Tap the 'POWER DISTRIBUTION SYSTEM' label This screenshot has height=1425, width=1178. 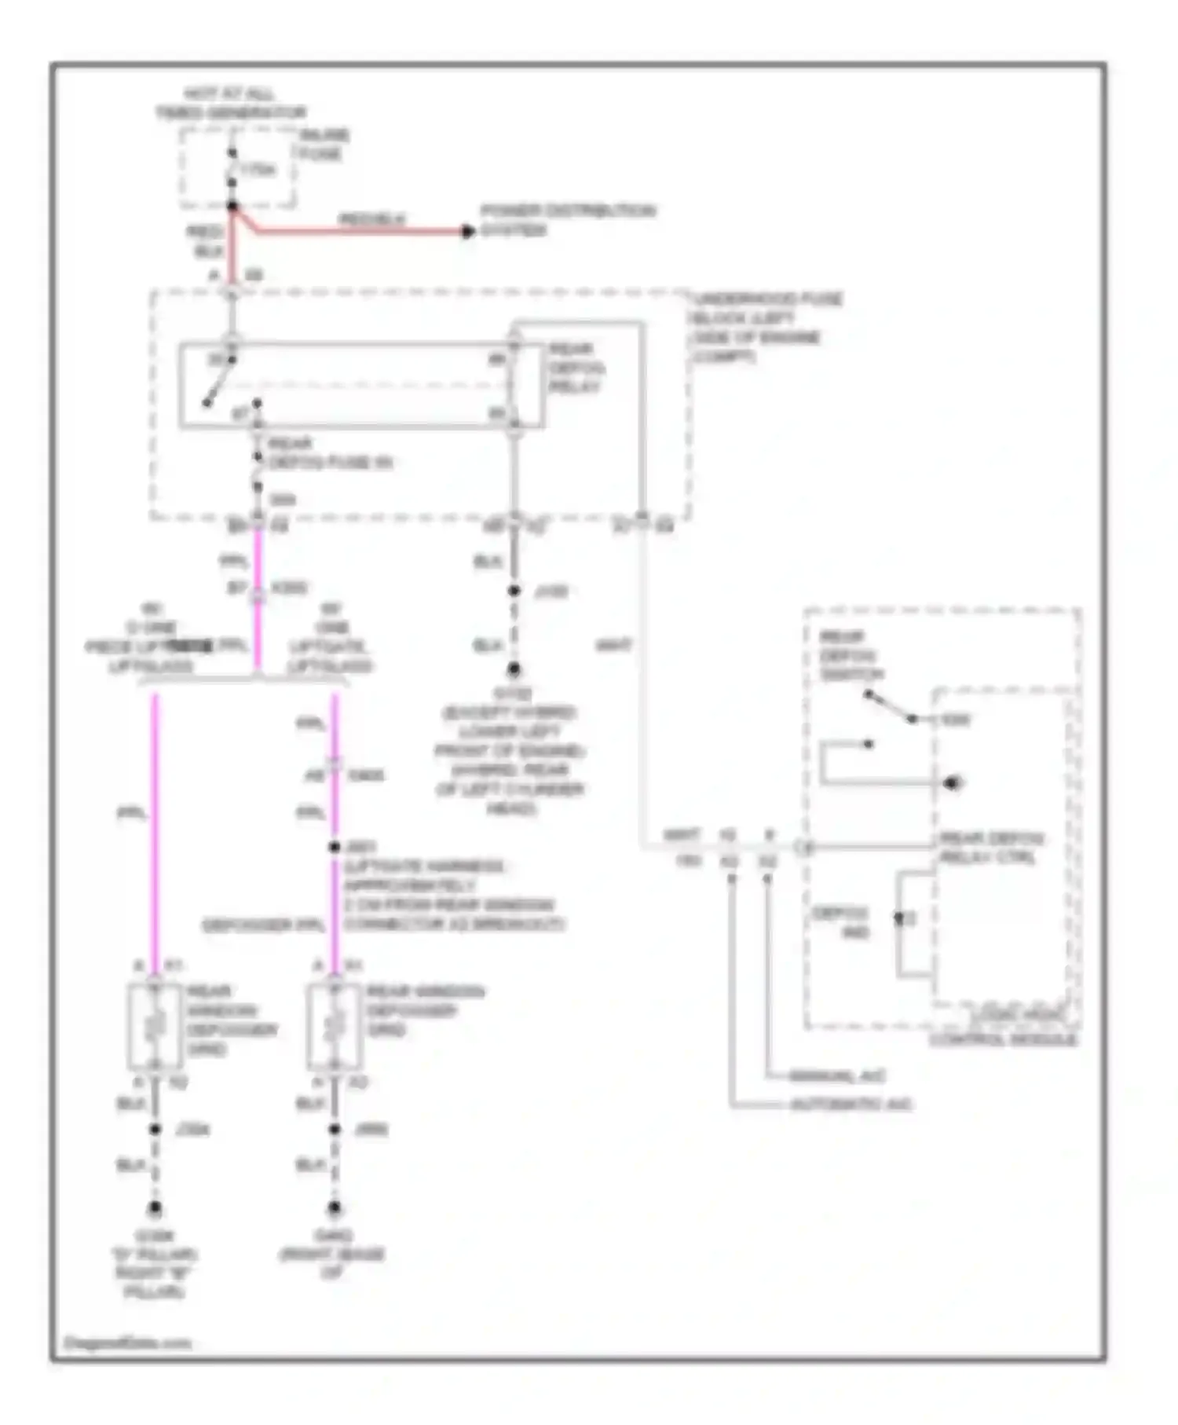(x=567, y=220)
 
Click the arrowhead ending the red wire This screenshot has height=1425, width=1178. (x=468, y=231)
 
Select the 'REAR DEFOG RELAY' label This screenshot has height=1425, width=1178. (x=576, y=368)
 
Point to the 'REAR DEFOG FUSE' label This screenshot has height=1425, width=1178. (x=329, y=453)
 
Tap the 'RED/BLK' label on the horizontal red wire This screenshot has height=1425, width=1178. (x=371, y=219)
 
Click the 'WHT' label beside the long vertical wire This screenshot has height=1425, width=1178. (x=613, y=646)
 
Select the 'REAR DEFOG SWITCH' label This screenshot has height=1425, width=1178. (x=851, y=655)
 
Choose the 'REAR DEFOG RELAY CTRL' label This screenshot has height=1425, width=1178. (x=991, y=848)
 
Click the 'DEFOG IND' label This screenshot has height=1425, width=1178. (x=840, y=922)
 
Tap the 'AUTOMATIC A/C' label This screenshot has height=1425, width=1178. (x=851, y=1104)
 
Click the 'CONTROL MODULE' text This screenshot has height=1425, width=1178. (x=1003, y=1039)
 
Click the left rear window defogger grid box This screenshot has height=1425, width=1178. (x=155, y=1026)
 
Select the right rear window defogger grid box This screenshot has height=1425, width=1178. (x=334, y=1026)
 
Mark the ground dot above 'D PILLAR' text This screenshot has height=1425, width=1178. (x=155, y=1208)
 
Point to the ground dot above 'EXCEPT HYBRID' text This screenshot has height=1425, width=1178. (x=514, y=669)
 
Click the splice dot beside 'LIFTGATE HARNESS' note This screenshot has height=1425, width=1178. (x=335, y=847)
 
